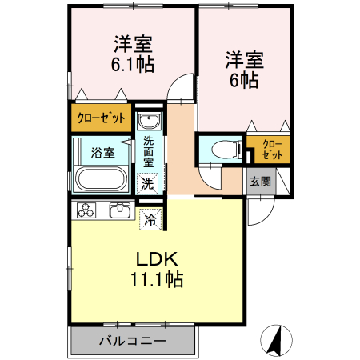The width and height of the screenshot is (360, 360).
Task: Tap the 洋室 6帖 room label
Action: (244, 70)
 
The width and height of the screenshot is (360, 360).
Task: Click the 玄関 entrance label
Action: (260, 181)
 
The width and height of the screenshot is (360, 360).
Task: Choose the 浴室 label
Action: (102, 151)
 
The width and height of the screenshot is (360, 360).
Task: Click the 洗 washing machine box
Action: (148, 183)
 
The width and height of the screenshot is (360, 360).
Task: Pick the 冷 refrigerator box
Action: (150, 217)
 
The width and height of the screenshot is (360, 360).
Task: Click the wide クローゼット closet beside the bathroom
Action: (101, 118)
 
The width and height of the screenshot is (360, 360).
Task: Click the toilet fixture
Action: (225, 149)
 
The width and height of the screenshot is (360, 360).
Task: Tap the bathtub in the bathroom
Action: (101, 179)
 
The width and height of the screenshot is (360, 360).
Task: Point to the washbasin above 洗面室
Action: (149, 122)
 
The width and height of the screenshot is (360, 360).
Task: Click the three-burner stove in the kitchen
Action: (86, 211)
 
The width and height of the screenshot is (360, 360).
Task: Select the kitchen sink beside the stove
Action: (121, 210)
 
